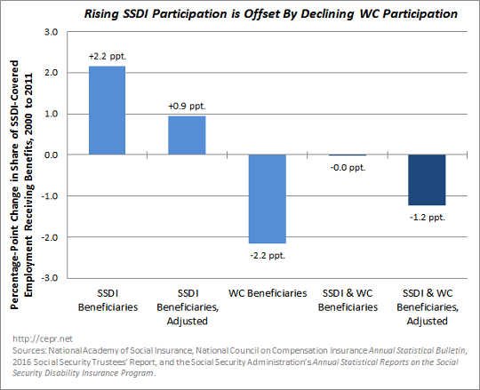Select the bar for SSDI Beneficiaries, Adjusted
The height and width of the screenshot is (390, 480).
188,135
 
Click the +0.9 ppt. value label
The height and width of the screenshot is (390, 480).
188,106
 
